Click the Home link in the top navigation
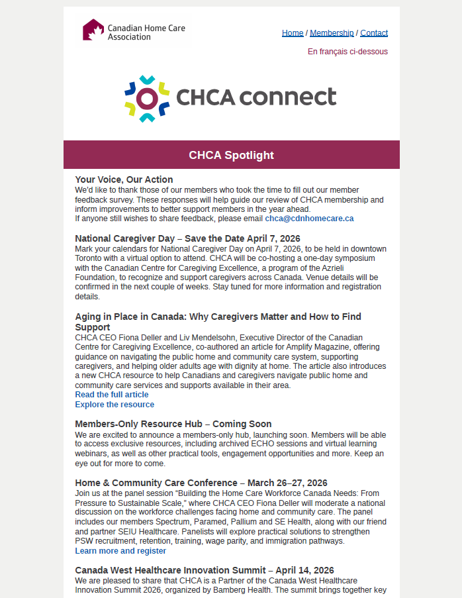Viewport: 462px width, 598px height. pyautogui.click(x=293, y=33)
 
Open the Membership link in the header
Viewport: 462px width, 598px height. pyautogui.click(x=332, y=33)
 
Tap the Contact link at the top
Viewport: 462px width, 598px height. pyautogui.click(x=374, y=33)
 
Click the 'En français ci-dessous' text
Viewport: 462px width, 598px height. pyautogui.click(x=347, y=52)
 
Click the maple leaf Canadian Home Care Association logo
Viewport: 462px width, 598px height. pyautogui.click(x=93, y=30)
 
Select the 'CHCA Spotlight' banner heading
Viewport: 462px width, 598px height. pyautogui.click(x=231, y=156)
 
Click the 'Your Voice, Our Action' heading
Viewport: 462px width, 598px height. pyautogui.click(x=124, y=179)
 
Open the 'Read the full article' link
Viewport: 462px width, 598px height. pyautogui.click(x=111, y=395)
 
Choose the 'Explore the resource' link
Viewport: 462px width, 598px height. pyautogui.click(x=115, y=405)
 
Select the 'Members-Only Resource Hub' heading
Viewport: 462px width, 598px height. pyautogui.click(x=141, y=424)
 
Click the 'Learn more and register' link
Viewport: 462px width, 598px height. pyautogui.click(x=120, y=551)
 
